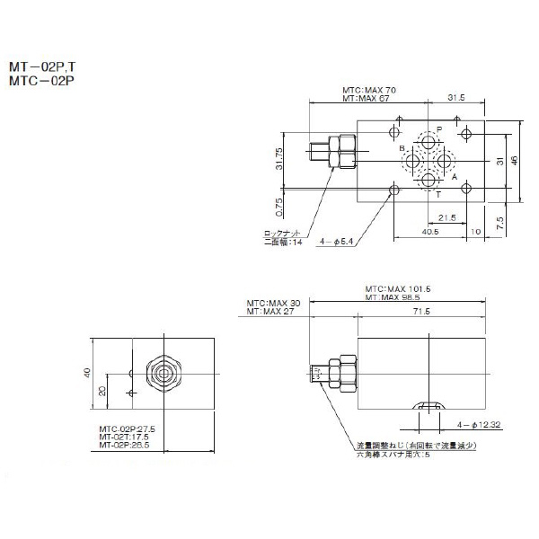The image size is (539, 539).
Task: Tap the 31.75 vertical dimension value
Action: (x=279, y=158)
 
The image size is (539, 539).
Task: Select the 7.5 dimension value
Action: (x=499, y=220)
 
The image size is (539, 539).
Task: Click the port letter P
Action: (x=439, y=128)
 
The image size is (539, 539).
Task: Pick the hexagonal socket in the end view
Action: (x=163, y=371)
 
